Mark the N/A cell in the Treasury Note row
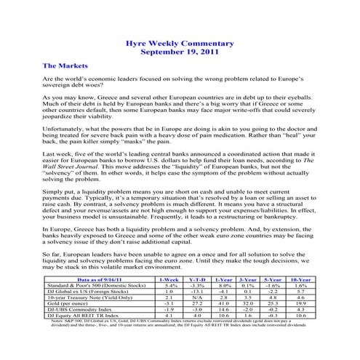tap(199, 298)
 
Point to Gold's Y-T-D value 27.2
tap(199, 305)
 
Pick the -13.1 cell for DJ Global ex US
tap(199, 292)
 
